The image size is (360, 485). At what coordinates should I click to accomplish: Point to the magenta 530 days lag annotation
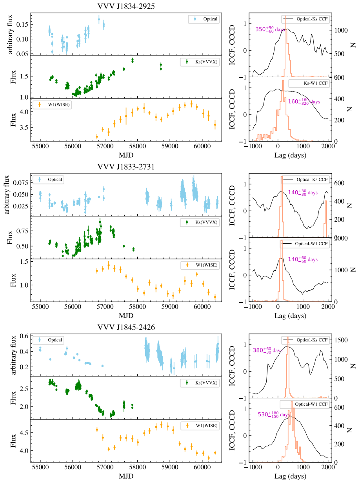274,414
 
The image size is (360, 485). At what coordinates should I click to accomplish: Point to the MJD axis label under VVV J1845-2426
126,476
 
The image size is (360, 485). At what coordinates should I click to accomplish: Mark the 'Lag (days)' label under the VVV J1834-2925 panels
291,155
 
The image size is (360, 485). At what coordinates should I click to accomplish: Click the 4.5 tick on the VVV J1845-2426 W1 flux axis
23,433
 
